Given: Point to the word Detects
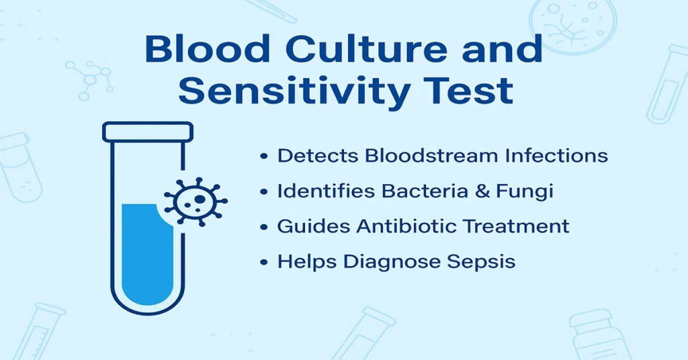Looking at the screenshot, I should pos(318,156).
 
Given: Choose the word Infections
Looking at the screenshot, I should pos(559,156).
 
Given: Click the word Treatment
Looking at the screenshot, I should pos(520,226).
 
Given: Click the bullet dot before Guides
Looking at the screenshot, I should pos(264,226).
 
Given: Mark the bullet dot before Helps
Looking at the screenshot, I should pos(264,261).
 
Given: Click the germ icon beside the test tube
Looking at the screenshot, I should pos(196,201).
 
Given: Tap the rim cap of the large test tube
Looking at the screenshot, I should pos(148,132).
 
